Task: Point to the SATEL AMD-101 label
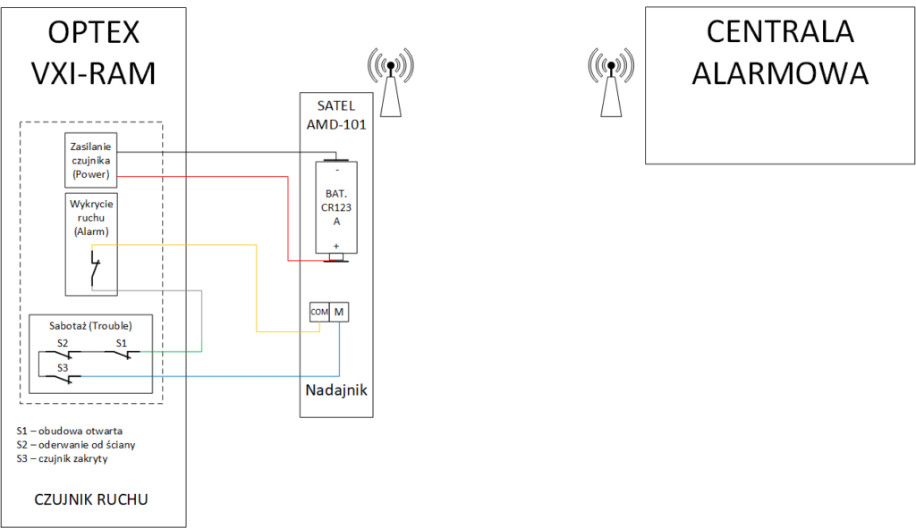[x=335, y=115]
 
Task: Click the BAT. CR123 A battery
[x=336, y=209]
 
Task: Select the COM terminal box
[x=319, y=312]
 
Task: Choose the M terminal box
[x=339, y=312]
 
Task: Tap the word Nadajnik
[x=335, y=391]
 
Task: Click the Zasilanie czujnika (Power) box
[x=90, y=158]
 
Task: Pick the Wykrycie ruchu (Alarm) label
[x=91, y=218]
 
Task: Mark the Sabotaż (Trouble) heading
[x=91, y=326]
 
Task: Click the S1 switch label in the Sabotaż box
[x=121, y=342]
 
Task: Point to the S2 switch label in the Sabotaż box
[x=63, y=342]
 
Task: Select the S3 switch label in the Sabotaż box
[x=63, y=367]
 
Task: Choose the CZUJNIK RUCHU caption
[x=91, y=499]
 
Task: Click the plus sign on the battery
[x=336, y=245]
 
